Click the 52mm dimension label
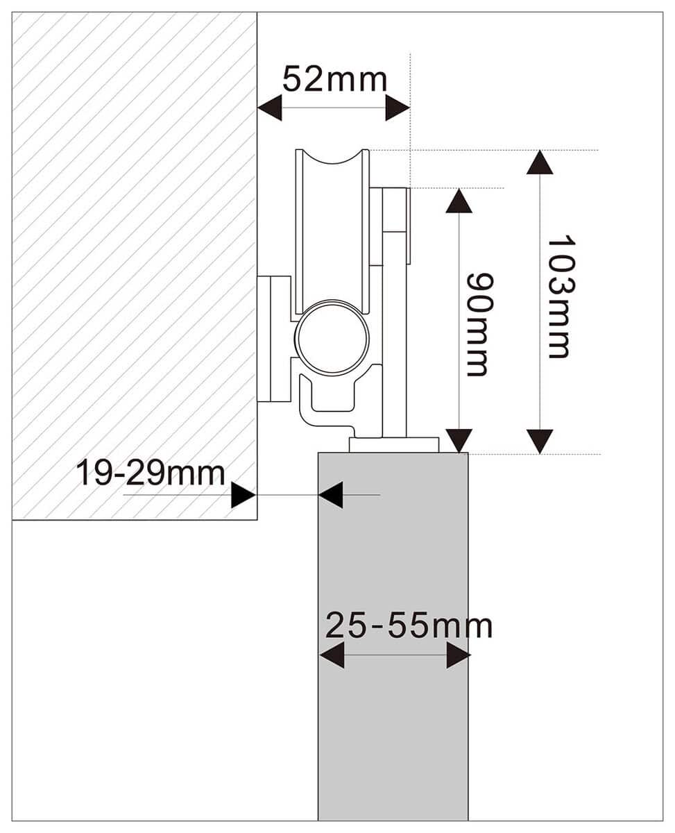point(334,80)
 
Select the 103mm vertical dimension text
point(558,296)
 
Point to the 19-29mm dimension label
point(150,473)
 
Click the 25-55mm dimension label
point(409,626)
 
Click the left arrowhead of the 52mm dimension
point(269,108)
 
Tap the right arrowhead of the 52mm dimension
point(398,108)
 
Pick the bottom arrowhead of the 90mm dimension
point(459,440)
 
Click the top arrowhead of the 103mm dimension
point(540,162)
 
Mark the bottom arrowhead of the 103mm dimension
point(540,441)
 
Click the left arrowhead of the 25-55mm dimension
point(332,655)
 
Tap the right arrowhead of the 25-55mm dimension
point(459,655)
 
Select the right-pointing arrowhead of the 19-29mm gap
point(243,495)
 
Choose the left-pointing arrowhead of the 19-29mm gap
point(331,495)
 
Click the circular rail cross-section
point(332,338)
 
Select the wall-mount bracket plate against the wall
point(274,339)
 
